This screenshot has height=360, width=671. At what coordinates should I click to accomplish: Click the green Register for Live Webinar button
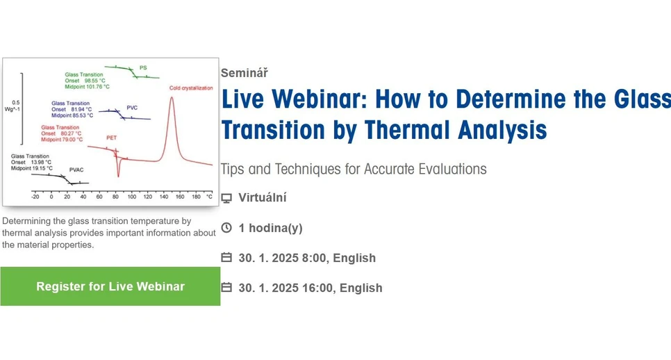click(110, 286)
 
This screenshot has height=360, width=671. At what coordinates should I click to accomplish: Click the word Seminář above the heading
click(244, 72)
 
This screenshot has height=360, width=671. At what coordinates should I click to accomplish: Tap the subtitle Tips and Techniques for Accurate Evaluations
click(353, 169)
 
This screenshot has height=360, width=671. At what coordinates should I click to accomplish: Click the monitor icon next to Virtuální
click(226, 198)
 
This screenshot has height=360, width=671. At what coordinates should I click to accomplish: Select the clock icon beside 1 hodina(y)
click(226, 228)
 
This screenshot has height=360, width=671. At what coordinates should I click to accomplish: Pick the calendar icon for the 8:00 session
click(226, 258)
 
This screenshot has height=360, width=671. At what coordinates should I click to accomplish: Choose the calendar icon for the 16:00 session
click(226, 288)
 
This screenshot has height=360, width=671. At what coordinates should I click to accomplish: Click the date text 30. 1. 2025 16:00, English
click(310, 288)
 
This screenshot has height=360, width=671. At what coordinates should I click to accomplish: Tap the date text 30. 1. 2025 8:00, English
click(306, 258)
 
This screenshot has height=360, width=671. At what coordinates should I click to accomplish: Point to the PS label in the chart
click(143, 68)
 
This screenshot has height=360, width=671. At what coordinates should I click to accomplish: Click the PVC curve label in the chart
click(132, 108)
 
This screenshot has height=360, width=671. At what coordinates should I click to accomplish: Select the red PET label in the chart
click(111, 138)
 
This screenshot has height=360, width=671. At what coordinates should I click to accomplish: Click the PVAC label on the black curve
click(76, 170)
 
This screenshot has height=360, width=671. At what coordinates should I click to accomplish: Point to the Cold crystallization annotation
click(191, 88)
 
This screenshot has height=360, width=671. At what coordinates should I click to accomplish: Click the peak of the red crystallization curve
click(172, 98)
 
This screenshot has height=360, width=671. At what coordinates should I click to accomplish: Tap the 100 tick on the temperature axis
click(131, 197)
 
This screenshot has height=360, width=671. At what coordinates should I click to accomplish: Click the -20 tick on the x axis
click(35, 197)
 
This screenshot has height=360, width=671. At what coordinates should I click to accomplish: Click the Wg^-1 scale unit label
click(16, 109)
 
